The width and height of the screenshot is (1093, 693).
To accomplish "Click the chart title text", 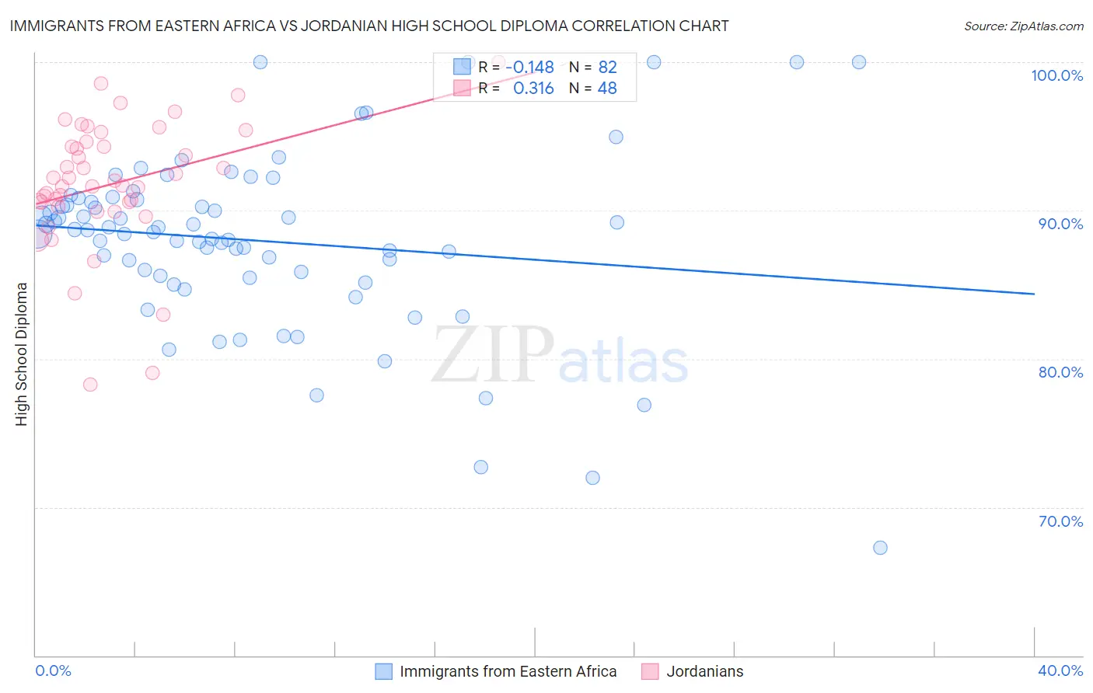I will click(369, 26).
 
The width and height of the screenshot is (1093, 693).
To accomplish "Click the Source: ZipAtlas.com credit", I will click(1023, 26).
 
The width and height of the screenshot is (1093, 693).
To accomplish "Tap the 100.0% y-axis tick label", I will click(1056, 75).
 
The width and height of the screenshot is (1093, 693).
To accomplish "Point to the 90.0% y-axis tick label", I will click(1060, 224).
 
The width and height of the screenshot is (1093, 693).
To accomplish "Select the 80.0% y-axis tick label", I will click(1060, 372).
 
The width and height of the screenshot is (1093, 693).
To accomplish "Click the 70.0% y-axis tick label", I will click(1060, 521).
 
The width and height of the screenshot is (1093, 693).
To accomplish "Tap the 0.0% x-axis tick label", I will click(53, 670).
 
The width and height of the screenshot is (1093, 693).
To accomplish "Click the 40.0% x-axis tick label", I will click(1060, 670).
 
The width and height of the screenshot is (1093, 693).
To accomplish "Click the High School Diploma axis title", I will click(22, 353).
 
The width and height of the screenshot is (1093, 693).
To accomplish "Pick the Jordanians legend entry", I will click(704, 671).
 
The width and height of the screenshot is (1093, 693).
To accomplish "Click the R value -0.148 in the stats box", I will click(529, 68).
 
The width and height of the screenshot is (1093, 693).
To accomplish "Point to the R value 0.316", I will click(533, 89).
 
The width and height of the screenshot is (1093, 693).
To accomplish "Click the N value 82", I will click(607, 68).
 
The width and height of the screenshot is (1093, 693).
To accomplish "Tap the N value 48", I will click(607, 89).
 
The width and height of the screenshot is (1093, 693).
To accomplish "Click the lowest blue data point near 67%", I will click(880, 548).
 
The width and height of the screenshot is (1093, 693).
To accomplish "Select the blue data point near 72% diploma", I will click(592, 478).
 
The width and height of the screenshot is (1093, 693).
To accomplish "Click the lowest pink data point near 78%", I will click(90, 385).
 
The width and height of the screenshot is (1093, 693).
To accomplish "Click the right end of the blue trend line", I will click(1034, 294).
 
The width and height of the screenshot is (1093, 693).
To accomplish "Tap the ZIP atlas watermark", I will click(560, 356).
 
